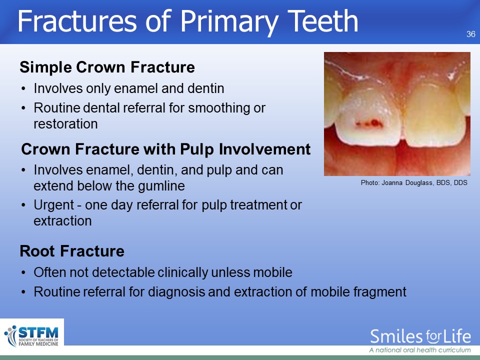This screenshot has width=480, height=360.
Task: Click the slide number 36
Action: (x=471, y=34)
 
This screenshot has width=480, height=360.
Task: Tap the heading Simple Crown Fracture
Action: (x=107, y=67)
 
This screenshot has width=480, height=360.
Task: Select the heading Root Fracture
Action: (x=72, y=251)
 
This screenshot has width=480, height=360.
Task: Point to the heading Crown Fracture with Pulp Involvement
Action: (x=166, y=149)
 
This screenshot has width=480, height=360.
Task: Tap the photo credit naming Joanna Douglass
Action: (x=414, y=183)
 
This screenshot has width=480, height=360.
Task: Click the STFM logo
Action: (x=31, y=336)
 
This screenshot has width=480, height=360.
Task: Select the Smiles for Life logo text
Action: (x=420, y=336)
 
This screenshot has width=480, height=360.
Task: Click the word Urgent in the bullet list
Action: (x=54, y=205)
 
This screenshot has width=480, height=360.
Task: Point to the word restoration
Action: (x=65, y=124)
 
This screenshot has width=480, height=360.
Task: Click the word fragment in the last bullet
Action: (x=380, y=292)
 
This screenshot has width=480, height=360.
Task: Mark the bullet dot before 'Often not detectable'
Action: (x=23, y=273)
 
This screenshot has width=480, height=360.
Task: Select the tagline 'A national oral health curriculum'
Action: (x=420, y=350)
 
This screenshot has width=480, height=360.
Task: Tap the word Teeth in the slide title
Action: (x=323, y=21)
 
